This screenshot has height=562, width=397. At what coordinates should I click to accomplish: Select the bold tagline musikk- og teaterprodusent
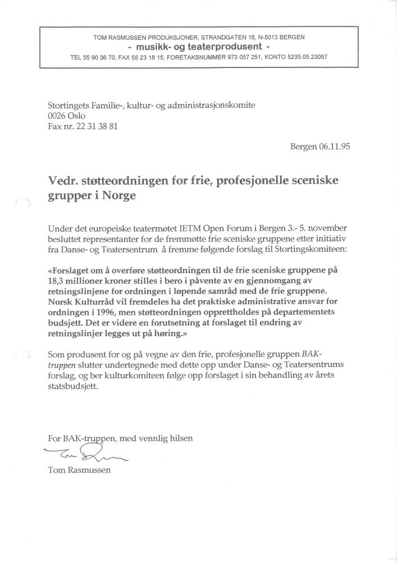click(x=199, y=47)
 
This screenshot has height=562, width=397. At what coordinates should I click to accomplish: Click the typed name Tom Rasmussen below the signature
click(x=79, y=470)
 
